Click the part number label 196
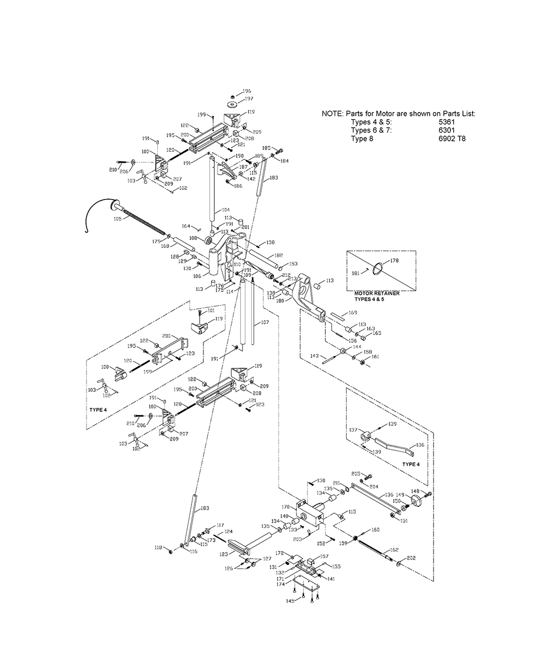[x=247, y=91]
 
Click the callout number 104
[x=226, y=209]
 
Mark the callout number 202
[x=411, y=557]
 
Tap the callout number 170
[x=286, y=507]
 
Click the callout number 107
[x=265, y=323]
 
